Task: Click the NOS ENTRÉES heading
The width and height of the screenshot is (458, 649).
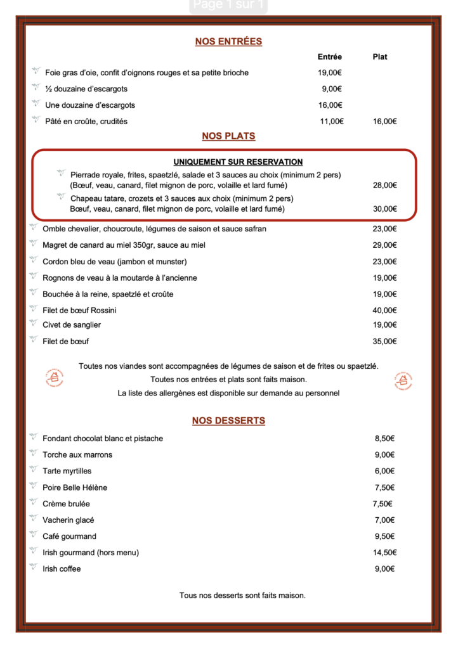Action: pyautogui.click(x=228, y=42)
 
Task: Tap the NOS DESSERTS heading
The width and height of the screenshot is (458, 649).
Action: pyautogui.click(x=228, y=421)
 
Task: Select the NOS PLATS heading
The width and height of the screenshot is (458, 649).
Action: pyautogui.click(x=228, y=136)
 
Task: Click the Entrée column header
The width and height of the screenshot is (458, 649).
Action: pyautogui.click(x=329, y=57)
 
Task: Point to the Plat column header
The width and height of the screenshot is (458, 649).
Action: pyautogui.click(x=380, y=57)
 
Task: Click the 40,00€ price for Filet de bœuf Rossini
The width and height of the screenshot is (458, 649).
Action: pyautogui.click(x=384, y=311)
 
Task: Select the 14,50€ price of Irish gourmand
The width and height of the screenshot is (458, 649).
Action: pyautogui.click(x=384, y=553)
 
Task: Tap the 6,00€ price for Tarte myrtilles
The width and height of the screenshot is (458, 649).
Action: pyautogui.click(x=384, y=471)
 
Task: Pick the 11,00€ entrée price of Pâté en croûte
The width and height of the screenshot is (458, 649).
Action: pyautogui.click(x=331, y=121)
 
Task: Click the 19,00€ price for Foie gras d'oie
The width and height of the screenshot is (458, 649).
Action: pyautogui.click(x=330, y=73)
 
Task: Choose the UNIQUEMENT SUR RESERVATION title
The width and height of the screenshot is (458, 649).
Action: pyautogui.click(x=238, y=162)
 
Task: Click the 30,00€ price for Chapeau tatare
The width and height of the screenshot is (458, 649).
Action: pyautogui.click(x=384, y=209)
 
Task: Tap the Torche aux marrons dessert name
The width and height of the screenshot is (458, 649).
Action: pyautogui.click(x=77, y=455)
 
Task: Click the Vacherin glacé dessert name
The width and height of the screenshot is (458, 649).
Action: pyautogui.click(x=69, y=520)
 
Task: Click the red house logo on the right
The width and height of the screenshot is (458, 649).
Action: pyautogui.click(x=403, y=380)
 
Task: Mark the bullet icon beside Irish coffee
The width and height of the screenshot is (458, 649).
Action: pyautogui.click(x=34, y=568)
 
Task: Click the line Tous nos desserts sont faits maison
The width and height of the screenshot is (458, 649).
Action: pyautogui.click(x=242, y=596)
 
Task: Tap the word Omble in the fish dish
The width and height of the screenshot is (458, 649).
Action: pyautogui.click(x=54, y=229)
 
